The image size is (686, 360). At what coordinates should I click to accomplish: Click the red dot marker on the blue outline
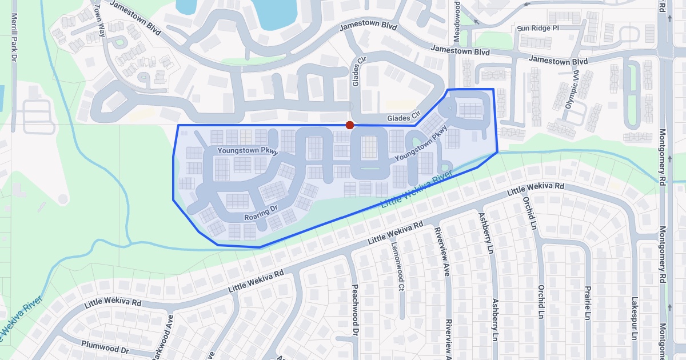coord(349,125)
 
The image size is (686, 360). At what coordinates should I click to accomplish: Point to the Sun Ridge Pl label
coord(537,28)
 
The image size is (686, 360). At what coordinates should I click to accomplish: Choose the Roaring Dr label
coord(260,217)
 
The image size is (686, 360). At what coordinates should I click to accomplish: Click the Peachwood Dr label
coord(355,309)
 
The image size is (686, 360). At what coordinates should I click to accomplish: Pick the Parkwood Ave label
coord(162,338)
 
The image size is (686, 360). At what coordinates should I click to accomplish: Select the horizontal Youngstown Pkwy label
coord(248,151)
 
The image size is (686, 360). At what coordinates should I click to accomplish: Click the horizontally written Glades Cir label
coord(404,118)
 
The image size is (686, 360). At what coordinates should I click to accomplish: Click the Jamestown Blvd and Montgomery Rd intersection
coord(667,57)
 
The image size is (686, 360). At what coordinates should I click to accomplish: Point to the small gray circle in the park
coord(63,199)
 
